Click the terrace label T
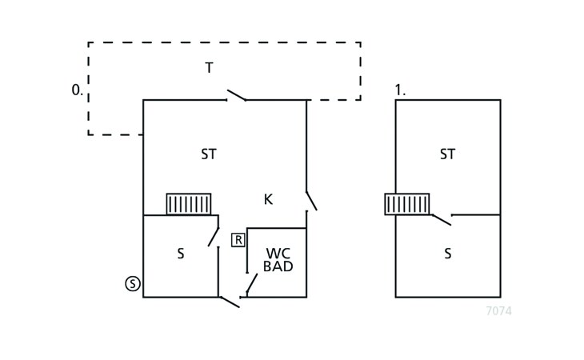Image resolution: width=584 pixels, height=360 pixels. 209,68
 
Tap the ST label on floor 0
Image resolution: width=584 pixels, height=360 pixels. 209,154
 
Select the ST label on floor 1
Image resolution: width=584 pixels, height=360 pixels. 447,154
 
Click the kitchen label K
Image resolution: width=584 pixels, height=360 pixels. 268,199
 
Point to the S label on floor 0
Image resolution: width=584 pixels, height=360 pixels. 181,254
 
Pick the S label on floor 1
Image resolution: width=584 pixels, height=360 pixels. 447,254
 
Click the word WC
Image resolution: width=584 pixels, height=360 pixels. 278,253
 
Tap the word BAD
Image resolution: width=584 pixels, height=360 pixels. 278,266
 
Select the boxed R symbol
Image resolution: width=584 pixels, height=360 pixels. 238,239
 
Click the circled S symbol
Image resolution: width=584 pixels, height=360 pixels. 133,283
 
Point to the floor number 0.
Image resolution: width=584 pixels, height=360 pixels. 77,90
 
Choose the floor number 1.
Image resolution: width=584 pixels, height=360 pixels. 400,90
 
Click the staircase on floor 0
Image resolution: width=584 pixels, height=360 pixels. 189,204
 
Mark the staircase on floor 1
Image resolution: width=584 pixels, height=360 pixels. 407,204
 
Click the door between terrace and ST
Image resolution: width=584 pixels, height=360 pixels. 236,96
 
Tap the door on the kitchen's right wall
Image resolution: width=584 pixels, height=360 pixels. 310,201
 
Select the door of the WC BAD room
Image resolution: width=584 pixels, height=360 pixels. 251,284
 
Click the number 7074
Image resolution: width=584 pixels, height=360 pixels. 498,311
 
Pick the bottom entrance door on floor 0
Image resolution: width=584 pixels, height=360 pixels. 230,301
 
